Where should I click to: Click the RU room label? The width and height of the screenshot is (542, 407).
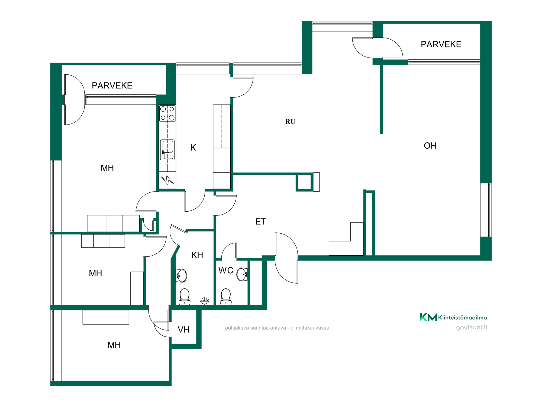click(x=290, y=122)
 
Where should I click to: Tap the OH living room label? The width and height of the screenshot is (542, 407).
click(x=430, y=146)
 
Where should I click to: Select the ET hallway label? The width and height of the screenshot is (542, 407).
click(x=260, y=222)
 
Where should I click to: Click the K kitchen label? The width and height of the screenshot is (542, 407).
click(x=193, y=148)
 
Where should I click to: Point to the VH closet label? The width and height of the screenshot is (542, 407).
click(x=183, y=330)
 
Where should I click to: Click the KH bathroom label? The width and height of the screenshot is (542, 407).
click(x=197, y=255)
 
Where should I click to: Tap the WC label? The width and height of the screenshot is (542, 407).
click(x=226, y=271)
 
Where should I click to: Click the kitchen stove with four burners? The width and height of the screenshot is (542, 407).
click(x=167, y=113)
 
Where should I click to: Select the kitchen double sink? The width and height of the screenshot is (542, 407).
click(x=167, y=150)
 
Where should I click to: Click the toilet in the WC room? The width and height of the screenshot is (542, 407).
click(x=226, y=297)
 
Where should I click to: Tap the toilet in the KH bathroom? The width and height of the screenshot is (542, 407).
click(x=185, y=297)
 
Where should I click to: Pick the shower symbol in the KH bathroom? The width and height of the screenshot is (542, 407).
click(x=205, y=300)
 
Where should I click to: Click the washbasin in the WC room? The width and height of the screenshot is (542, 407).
click(x=242, y=274)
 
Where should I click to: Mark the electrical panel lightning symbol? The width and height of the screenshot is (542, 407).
click(x=167, y=180)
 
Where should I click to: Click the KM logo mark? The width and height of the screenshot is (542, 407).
click(x=428, y=317)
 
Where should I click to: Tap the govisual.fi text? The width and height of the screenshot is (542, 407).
click(x=472, y=327)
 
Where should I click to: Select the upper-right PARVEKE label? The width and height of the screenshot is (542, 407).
click(x=441, y=44)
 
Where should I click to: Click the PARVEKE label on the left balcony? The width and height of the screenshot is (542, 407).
click(x=112, y=85)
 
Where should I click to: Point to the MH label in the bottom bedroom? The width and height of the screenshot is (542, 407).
click(x=114, y=345)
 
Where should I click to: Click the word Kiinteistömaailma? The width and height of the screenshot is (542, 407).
click(x=463, y=317)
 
